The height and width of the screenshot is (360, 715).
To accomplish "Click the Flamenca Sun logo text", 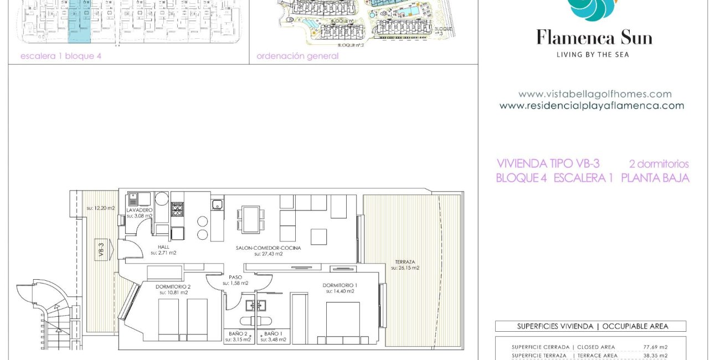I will tap(594, 38).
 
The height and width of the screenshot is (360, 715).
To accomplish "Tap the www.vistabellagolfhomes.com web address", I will tap(595, 94).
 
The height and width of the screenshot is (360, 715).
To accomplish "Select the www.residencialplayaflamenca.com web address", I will tap(591, 106).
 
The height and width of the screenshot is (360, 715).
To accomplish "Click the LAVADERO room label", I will tap(140, 210).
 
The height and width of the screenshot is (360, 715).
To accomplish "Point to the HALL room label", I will tap(163, 247).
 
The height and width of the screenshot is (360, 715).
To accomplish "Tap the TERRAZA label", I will tap(405, 262).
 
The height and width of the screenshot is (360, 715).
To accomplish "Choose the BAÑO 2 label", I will tap(239, 334).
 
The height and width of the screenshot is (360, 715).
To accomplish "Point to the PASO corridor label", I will tap(235, 277).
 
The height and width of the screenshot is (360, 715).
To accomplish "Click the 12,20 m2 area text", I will tap(101, 208).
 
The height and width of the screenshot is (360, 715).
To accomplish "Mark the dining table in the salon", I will tap(250, 218).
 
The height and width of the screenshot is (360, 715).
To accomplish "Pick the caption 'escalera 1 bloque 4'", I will tap(61, 56).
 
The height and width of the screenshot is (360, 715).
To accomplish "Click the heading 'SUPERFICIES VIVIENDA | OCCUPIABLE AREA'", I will tap(590, 326).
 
